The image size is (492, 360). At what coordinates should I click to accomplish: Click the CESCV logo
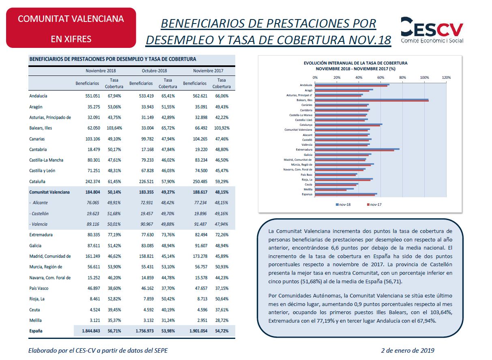432,30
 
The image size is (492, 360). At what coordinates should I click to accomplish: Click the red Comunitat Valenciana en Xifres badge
71,28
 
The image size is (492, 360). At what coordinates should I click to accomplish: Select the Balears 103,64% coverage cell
114,128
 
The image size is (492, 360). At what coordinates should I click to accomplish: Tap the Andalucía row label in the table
38,96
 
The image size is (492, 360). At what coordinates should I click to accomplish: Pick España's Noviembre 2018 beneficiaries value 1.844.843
91,331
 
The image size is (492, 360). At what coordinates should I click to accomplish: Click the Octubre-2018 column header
154,71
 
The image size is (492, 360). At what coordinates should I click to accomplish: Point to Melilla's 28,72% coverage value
222,321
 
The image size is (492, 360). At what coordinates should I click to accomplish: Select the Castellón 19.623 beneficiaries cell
93,213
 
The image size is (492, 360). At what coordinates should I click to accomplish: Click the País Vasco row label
39,288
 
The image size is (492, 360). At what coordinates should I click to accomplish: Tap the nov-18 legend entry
343,205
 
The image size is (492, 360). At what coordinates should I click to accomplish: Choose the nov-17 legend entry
374,205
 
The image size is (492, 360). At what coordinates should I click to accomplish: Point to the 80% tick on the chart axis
402,78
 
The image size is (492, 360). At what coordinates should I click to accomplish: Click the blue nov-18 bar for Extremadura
357,149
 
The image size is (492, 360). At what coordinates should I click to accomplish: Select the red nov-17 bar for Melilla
331,190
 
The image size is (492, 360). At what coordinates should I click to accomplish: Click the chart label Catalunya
306,125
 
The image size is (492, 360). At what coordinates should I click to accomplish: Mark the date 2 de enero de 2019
408,350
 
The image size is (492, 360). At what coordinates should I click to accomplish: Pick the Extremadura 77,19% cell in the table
114,235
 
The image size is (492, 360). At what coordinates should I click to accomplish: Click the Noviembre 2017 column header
208,71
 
